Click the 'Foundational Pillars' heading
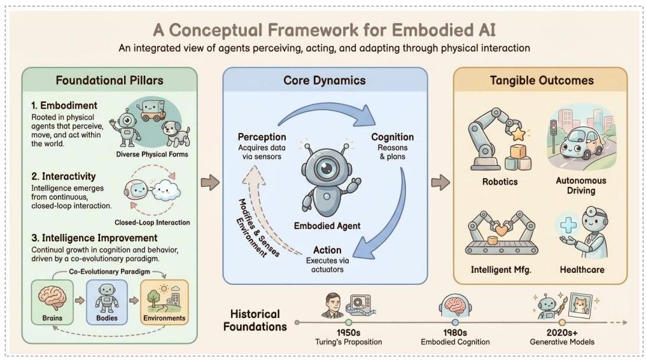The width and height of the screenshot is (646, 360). (109, 81)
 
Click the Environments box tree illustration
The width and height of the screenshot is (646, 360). (155, 298)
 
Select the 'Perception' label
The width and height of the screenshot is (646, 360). (262, 137)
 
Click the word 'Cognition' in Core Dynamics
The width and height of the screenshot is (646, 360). (392, 137)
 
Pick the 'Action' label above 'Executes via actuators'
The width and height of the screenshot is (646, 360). (327, 250)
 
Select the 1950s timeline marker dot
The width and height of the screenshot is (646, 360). (348, 322)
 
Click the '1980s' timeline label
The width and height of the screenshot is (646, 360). (454, 332)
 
